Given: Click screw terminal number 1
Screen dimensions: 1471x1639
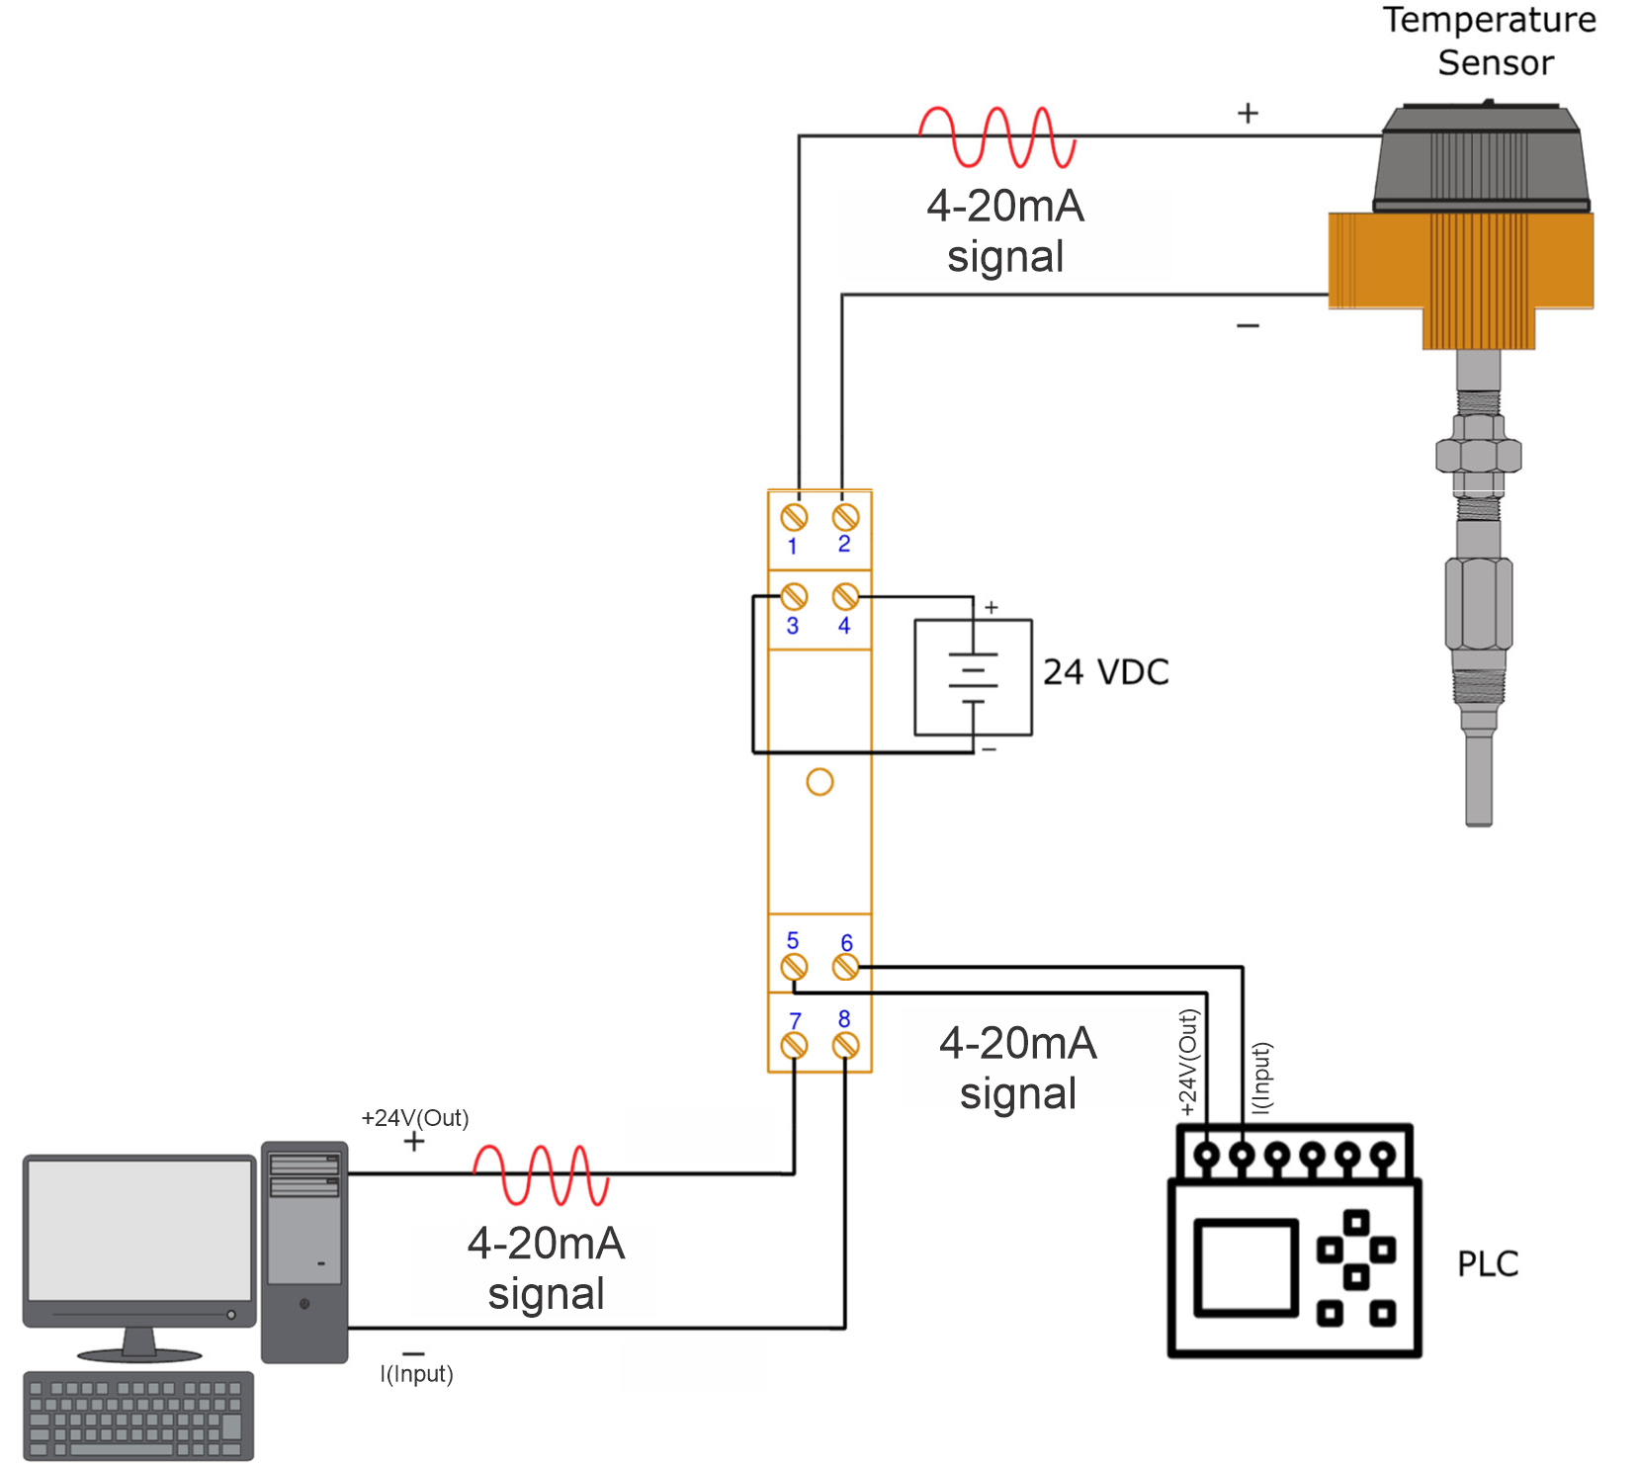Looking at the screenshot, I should (794, 517).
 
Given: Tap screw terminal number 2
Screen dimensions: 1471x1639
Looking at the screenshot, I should (845, 517).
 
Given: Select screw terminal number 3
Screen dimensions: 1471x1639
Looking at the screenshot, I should (794, 596).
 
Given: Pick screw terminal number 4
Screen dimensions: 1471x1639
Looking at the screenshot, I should (845, 596).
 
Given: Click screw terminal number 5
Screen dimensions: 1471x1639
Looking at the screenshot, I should (794, 967).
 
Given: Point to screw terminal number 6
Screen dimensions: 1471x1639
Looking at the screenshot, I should (845, 967).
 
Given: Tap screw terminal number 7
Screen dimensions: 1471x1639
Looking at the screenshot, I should (794, 1045).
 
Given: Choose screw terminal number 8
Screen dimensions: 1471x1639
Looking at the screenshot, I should (845, 1045).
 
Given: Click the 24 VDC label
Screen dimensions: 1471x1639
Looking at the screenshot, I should (1105, 672).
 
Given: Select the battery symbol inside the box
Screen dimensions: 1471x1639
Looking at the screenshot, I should (973, 678).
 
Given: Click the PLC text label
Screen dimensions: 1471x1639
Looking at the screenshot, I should (1487, 1263).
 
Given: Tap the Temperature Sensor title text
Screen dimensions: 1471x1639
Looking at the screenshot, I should (1490, 41).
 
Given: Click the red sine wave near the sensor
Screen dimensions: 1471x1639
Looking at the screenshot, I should (996, 136).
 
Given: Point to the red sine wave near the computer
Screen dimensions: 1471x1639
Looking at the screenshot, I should (541, 1174).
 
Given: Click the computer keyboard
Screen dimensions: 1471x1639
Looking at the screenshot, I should (138, 1416).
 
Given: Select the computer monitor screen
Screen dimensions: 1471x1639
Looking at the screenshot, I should (139, 1230).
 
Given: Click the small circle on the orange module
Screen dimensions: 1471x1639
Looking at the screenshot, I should (819, 782).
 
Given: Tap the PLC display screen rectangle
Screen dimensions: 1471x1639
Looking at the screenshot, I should (1246, 1268).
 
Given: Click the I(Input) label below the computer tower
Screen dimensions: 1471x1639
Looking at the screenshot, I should (416, 1374).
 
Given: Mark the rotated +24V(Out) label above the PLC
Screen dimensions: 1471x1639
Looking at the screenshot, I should (1188, 1063).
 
